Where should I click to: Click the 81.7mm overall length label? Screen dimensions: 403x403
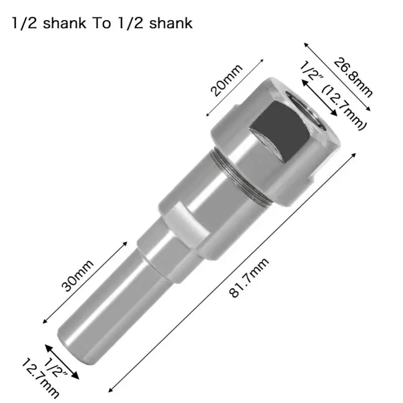coord(250,279)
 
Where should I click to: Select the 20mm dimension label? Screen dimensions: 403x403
coord(226,81)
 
